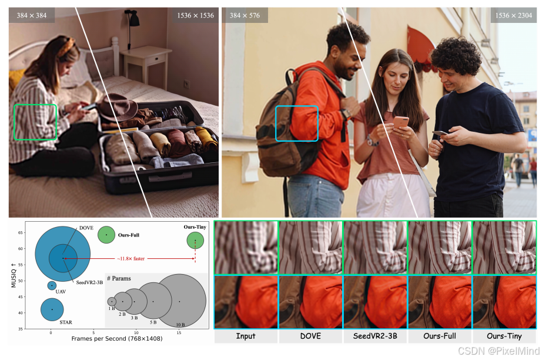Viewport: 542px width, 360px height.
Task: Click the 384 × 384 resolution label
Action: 32,15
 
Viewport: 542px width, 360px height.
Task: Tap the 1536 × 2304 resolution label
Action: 513,15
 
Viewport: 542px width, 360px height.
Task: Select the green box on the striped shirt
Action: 14,122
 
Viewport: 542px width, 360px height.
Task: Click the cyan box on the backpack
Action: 276,124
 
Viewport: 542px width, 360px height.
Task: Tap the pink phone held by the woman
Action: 401,122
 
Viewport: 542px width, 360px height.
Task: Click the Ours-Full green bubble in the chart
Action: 106,235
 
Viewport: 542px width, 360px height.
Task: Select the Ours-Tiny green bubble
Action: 195,241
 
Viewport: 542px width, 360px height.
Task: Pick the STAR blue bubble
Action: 52,309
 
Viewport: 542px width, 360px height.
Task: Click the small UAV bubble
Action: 52,286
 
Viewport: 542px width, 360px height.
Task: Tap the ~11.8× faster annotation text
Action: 131,259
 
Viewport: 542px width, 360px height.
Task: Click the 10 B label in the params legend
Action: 180,325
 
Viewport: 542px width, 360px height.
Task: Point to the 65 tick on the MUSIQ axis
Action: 20,233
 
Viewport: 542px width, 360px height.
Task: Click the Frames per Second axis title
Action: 117,339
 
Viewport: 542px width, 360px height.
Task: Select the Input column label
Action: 246,336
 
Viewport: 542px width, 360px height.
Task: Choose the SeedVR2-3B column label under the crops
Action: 375,336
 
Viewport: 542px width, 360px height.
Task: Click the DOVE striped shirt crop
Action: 310,248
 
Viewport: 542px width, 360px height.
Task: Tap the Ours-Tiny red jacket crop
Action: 504,302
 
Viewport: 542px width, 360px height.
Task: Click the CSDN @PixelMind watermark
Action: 498,351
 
